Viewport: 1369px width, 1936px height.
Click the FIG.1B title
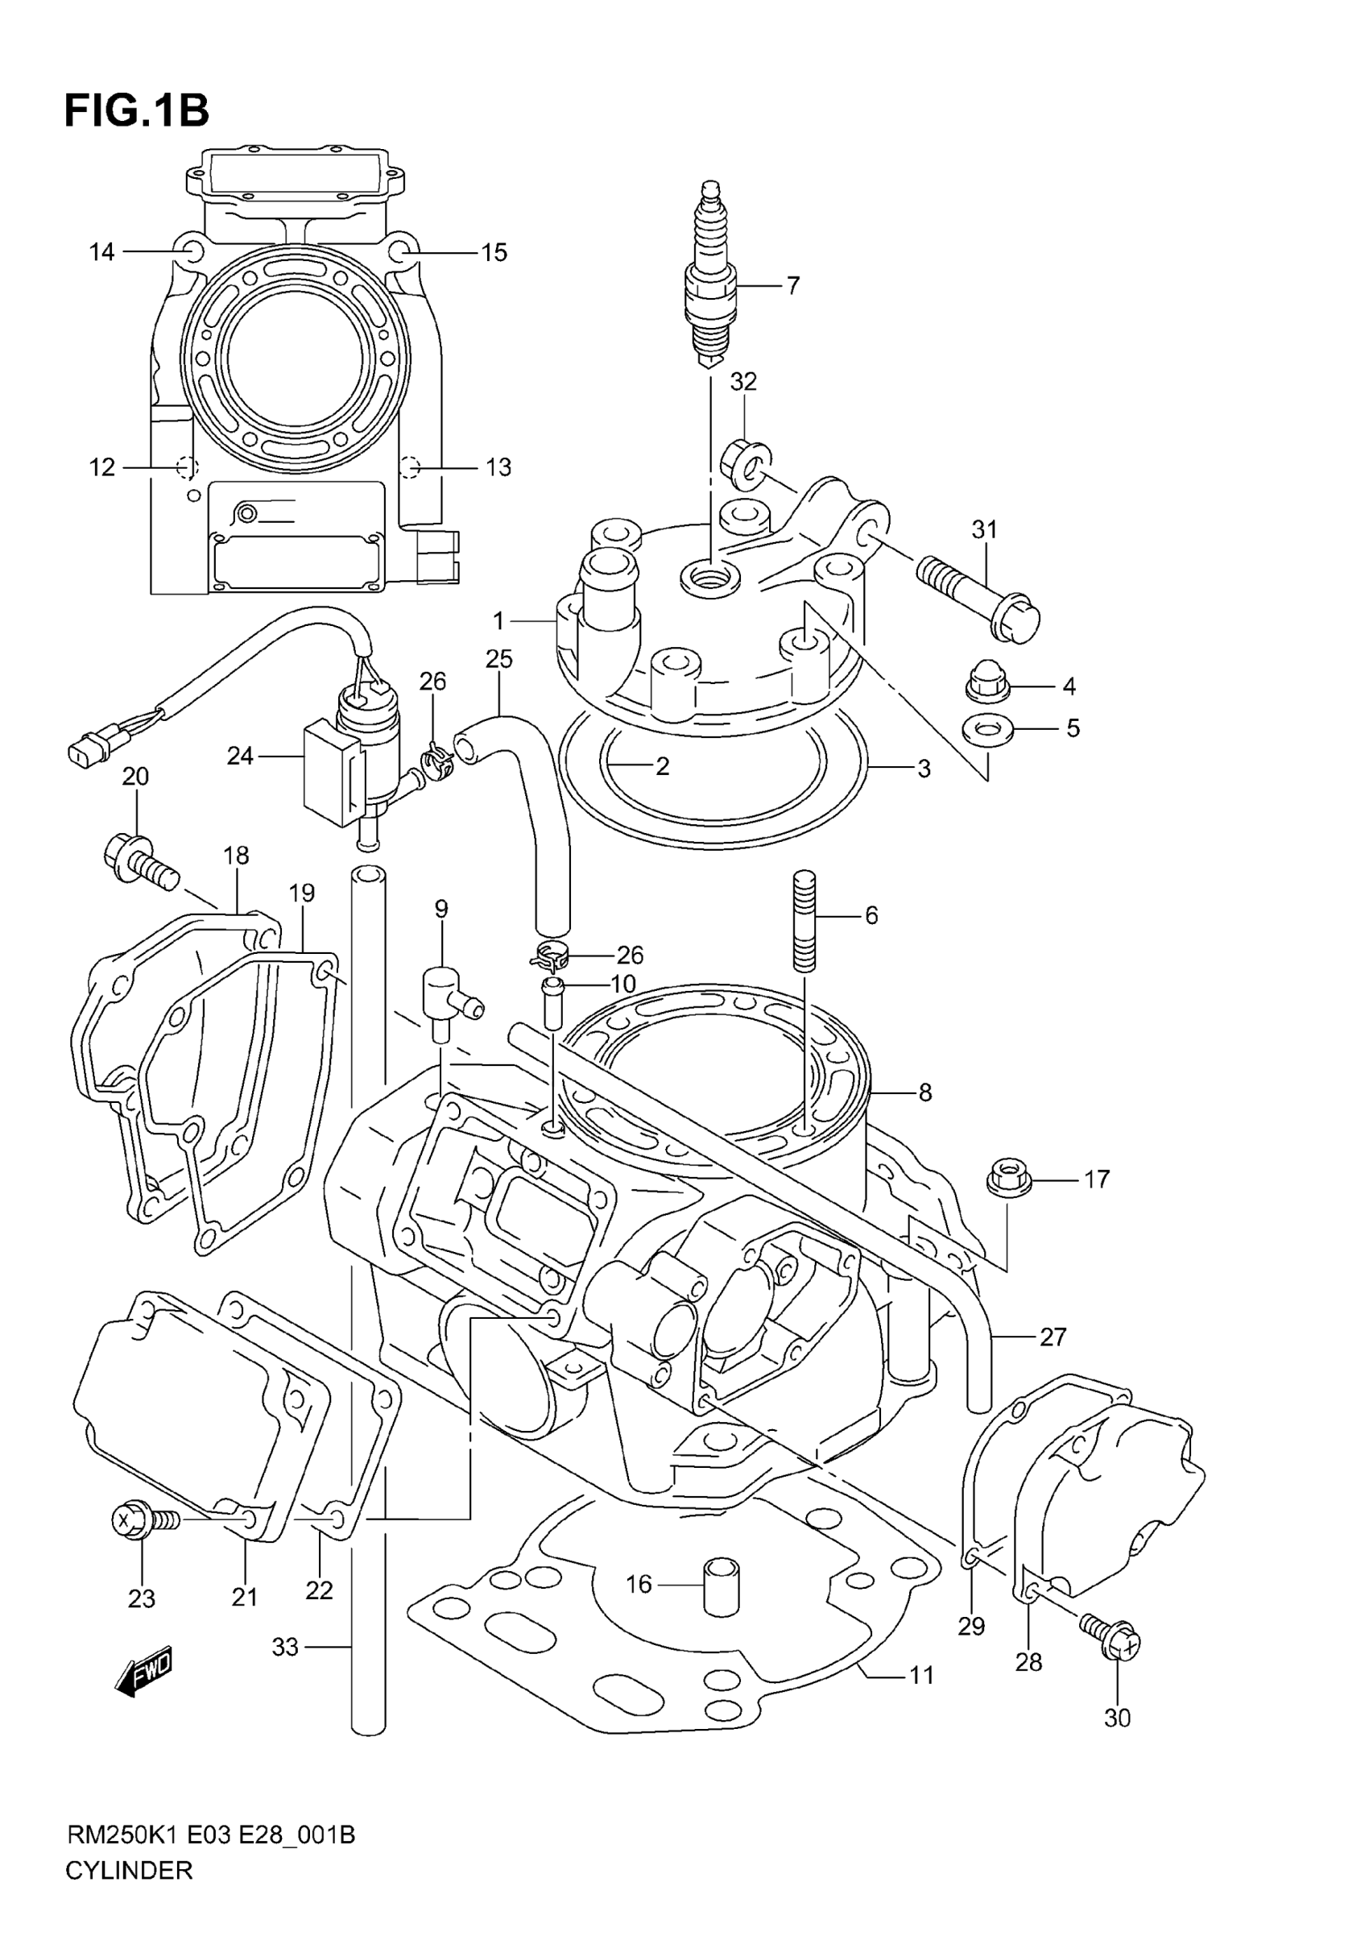tap(137, 110)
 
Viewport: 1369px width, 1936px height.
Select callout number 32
tap(742, 382)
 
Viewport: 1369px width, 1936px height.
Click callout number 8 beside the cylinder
tap(924, 1092)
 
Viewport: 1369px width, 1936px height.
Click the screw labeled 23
tap(139, 1520)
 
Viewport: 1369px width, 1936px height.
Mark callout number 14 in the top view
tap(102, 252)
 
